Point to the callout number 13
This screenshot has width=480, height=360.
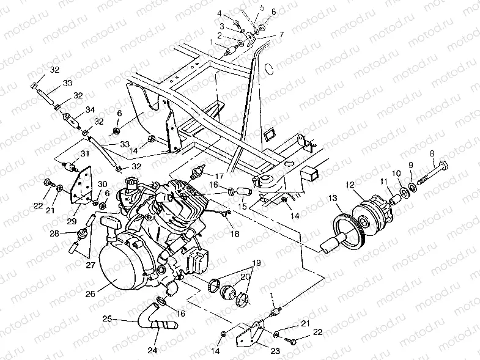(x=333, y=197)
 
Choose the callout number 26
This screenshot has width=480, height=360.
(x=90, y=294)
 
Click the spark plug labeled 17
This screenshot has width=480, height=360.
(x=197, y=172)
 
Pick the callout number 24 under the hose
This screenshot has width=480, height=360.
(x=152, y=350)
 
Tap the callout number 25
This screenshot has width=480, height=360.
(x=106, y=320)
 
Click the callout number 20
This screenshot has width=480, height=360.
(x=245, y=276)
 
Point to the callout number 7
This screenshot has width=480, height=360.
(x=281, y=35)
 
